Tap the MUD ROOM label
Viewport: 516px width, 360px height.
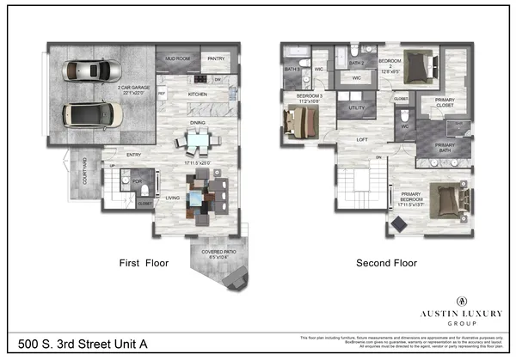click(x=178, y=58)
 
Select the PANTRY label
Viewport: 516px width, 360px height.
click(x=216, y=58)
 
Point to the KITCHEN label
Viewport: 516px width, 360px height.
click(x=198, y=93)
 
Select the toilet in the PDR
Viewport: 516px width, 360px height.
click(x=145, y=189)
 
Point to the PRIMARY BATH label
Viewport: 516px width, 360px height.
click(x=445, y=145)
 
